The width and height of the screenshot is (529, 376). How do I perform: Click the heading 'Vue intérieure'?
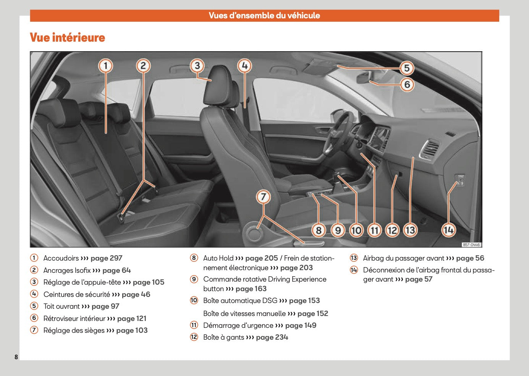click(67, 37)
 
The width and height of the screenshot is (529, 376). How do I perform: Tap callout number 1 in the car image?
click(106, 66)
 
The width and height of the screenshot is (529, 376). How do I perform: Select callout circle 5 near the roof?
click(407, 68)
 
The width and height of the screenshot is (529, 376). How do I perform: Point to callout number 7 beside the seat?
click(263, 197)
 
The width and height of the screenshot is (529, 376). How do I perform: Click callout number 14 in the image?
click(448, 230)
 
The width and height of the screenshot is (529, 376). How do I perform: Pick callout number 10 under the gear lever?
click(356, 230)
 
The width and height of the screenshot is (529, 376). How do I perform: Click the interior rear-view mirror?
click(363, 77)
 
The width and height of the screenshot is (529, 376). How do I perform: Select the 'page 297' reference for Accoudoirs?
click(106, 258)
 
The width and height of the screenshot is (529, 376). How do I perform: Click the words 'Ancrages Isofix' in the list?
click(67, 271)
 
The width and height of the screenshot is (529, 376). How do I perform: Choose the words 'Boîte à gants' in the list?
click(223, 337)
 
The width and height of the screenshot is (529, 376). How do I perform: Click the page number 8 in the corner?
click(16, 357)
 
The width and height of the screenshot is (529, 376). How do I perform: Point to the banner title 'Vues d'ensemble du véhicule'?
click(264, 16)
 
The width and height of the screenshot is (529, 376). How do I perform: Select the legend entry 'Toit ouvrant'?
click(61, 306)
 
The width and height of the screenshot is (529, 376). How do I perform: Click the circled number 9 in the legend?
click(194, 279)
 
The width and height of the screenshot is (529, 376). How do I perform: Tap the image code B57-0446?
click(471, 245)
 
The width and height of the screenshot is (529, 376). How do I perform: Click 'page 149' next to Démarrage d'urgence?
click(301, 326)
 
